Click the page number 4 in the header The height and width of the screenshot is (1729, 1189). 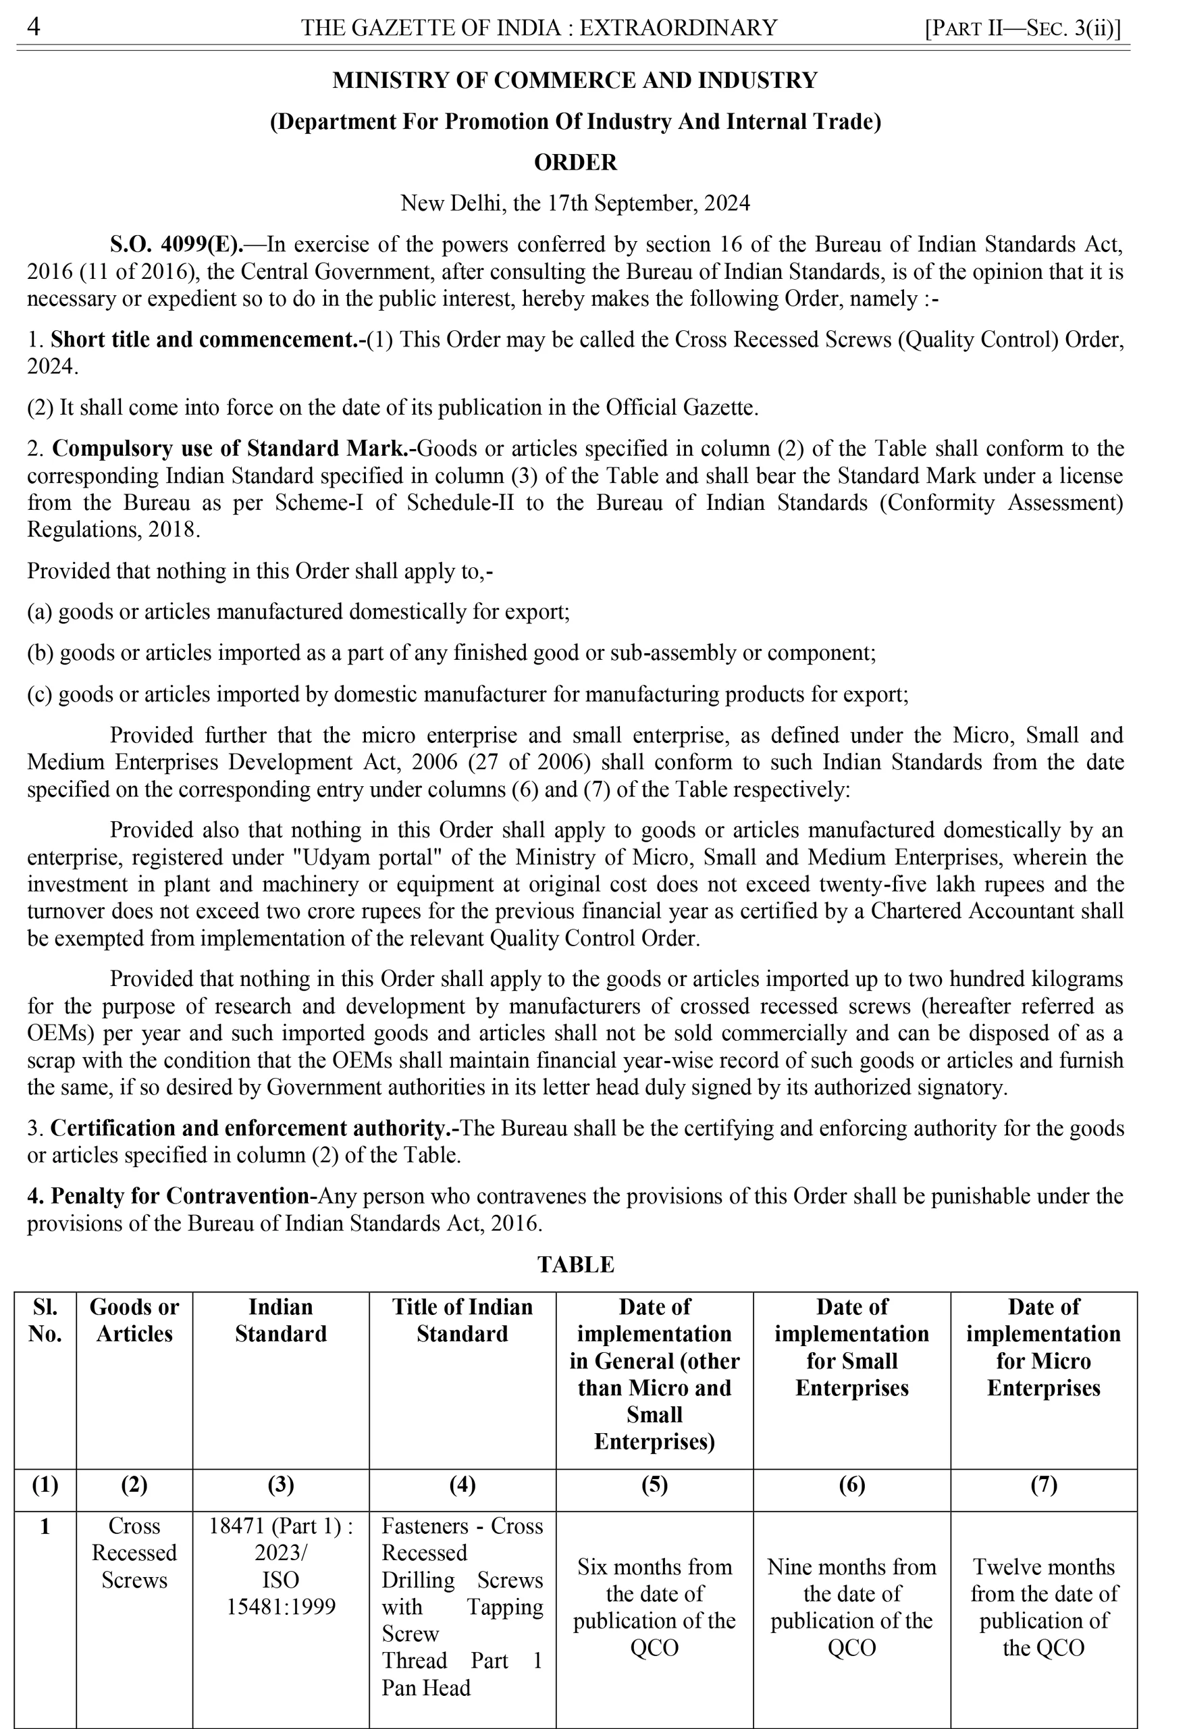click(x=34, y=28)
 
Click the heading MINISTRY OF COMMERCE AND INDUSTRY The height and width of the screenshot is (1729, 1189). click(x=575, y=80)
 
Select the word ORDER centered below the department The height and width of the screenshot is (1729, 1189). click(x=575, y=163)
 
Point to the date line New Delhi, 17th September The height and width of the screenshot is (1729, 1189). click(x=575, y=203)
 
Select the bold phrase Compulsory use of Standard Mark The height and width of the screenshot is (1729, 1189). click(x=234, y=448)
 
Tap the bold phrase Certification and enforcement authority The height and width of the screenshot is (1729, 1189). click(x=253, y=1129)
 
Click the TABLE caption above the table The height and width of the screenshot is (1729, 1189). click(x=575, y=1265)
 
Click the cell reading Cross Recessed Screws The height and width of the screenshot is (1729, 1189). click(x=134, y=1553)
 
